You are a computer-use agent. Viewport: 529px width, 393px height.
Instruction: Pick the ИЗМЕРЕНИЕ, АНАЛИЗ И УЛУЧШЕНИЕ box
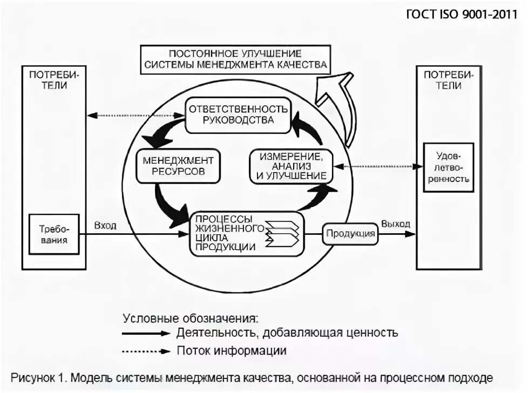coord(291,166)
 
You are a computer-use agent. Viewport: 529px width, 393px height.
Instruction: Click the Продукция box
coord(350,234)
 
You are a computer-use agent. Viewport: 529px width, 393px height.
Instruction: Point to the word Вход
coord(106,225)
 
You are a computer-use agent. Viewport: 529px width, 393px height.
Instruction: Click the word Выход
coord(395,224)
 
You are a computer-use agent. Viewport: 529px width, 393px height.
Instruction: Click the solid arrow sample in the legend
coord(146,333)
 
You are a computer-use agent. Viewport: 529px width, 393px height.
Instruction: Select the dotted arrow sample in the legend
coord(146,351)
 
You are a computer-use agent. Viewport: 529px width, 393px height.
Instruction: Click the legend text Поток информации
coord(232,351)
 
